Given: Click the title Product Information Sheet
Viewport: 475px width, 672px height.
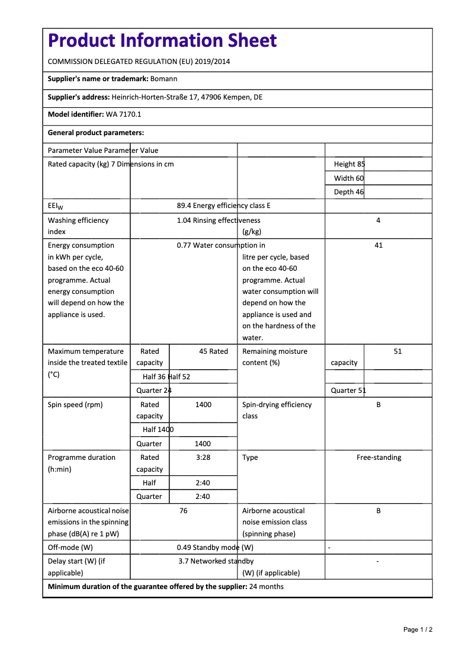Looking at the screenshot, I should tap(162, 40).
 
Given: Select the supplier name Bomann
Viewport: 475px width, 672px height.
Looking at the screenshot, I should tap(164, 79).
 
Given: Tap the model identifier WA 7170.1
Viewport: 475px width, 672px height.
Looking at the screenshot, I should tap(123, 114).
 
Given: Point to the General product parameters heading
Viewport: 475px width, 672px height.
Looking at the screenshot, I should tap(96, 133).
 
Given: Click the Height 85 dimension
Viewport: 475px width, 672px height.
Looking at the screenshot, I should tap(349, 164).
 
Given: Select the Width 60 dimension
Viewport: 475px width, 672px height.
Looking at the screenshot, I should tap(349, 178).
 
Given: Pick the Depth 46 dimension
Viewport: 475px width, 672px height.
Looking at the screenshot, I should tap(349, 192).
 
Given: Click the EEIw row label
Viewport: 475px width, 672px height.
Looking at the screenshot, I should tap(55, 206).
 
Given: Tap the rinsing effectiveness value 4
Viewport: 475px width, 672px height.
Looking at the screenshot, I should tap(378, 220).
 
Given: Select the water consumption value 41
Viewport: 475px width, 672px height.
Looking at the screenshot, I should tap(378, 245).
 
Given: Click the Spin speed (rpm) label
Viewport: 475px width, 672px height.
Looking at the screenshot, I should tap(75, 405).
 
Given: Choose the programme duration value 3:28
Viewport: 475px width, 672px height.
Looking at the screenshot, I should tap(203, 457).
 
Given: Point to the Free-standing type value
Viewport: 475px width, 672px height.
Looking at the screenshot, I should tap(378, 457).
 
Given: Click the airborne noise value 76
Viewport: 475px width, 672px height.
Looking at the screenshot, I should tap(184, 511).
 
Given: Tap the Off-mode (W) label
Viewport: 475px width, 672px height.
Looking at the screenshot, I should tap(70, 548).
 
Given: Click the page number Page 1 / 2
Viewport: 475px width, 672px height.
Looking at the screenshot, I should tap(418, 629).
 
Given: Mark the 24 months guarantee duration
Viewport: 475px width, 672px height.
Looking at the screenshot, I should tap(267, 587).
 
